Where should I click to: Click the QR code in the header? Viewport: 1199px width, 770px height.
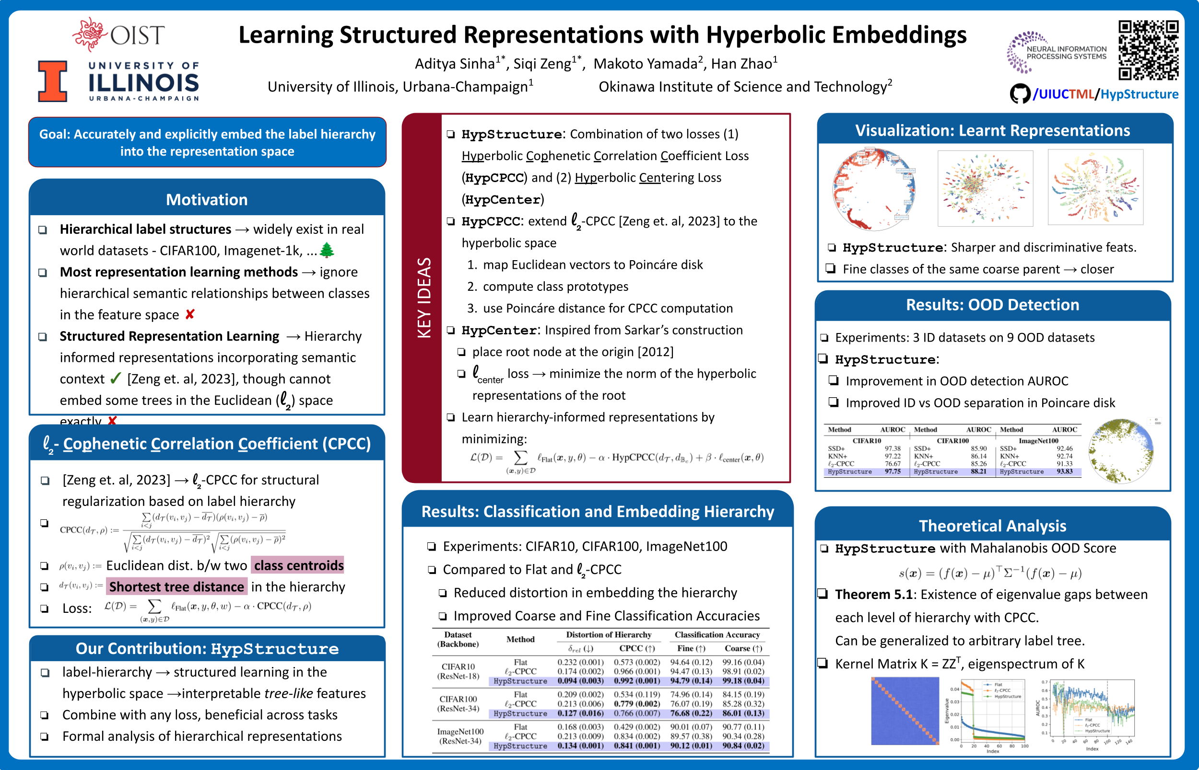point(1148,49)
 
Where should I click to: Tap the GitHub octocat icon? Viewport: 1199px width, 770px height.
point(1019,94)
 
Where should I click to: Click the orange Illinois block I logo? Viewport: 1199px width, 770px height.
point(53,81)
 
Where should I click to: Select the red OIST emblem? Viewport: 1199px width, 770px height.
point(90,34)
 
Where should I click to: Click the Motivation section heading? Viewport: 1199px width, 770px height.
point(207,199)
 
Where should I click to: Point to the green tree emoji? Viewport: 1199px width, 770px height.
point(327,250)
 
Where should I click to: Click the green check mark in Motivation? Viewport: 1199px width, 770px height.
point(116,379)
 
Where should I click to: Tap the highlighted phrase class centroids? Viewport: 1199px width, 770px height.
point(298,565)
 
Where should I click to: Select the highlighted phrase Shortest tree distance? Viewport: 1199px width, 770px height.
point(176,586)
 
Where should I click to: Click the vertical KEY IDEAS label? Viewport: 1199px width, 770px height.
point(424,298)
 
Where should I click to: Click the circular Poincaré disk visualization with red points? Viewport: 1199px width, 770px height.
point(873,189)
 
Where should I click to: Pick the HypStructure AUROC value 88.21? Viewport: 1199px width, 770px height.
point(978,471)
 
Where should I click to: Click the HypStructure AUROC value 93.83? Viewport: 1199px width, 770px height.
point(1064,471)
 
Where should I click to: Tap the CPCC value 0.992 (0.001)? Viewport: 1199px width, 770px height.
point(636,680)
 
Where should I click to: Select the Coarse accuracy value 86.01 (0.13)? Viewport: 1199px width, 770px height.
point(743,713)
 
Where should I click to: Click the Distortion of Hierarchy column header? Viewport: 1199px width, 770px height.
point(609,634)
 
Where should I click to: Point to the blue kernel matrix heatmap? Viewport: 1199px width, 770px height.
point(905,711)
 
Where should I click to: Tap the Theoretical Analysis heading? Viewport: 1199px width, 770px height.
point(992,526)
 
